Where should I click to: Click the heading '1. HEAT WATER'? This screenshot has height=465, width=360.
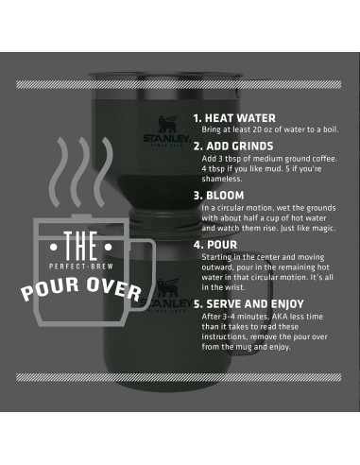point(234,119)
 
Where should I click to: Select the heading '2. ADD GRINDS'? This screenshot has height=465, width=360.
point(233,146)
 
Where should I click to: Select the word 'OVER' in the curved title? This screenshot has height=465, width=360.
point(117,291)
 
